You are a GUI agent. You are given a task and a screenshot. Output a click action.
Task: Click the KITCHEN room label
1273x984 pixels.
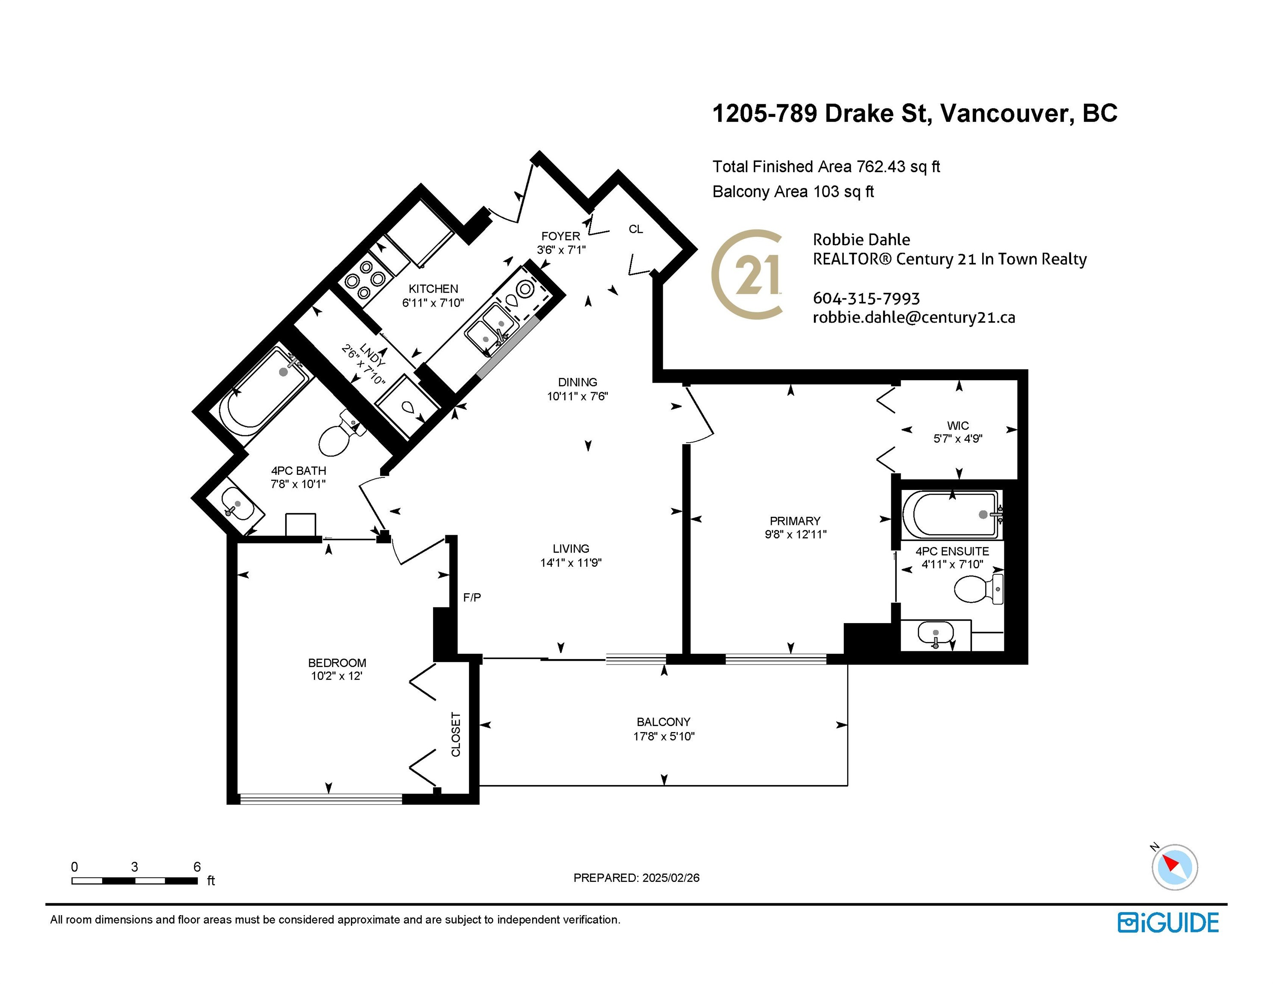(433, 289)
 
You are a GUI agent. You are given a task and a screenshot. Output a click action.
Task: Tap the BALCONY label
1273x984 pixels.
(663, 722)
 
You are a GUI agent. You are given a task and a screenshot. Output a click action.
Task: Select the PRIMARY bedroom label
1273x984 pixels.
(795, 521)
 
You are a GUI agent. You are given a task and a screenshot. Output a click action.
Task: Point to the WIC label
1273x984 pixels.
(958, 425)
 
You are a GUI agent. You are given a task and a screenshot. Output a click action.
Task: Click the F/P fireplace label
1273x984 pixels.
(472, 597)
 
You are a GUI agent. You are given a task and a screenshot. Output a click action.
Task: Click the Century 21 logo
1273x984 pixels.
(747, 274)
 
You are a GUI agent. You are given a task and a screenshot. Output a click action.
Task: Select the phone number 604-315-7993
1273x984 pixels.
(866, 299)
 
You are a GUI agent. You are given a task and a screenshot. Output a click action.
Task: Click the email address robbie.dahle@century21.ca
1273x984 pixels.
(914, 318)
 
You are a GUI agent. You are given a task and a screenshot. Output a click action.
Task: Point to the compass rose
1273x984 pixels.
(1174, 867)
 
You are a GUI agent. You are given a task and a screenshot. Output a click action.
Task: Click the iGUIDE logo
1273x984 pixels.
(1168, 923)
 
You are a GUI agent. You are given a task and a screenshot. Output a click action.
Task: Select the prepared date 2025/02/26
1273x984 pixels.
(670, 878)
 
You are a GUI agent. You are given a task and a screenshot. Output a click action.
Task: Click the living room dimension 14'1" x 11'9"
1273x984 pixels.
(571, 562)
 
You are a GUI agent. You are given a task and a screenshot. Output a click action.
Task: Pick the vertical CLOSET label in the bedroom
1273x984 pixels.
(456, 735)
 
